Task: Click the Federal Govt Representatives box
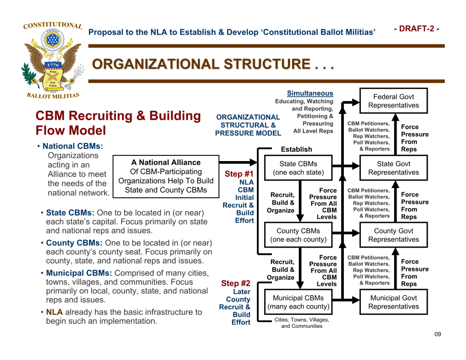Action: [394, 101]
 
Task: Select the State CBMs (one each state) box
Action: [298, 168]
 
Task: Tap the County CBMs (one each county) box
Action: [298, 235]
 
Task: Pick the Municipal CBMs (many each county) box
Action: [298, 302]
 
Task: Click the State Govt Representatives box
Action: [394, 168]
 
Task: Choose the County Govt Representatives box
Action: [394, 235]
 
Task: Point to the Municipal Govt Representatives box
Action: [394, 302]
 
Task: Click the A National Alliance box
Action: [166, 176]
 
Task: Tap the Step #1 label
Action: [239, 174]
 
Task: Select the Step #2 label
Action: [236, 283]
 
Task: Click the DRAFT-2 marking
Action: [416, 29]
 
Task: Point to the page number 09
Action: [438, 334]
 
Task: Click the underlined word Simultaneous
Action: [310, 93]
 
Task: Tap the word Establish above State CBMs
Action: [296, 149]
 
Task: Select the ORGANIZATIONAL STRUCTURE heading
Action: [212, 65]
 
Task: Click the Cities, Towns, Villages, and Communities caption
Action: [301, 323]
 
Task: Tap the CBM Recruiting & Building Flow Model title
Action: [118, 123]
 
